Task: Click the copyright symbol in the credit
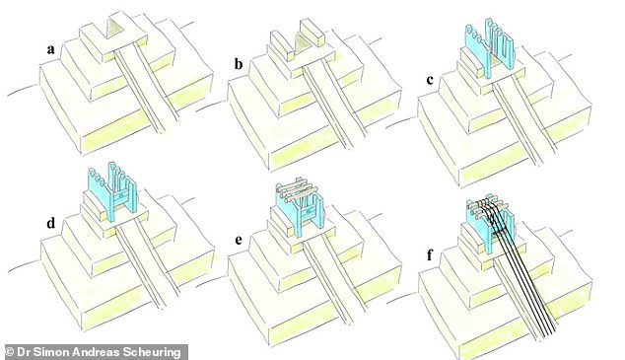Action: point(10,350)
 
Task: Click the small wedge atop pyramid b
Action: point(302,45)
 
